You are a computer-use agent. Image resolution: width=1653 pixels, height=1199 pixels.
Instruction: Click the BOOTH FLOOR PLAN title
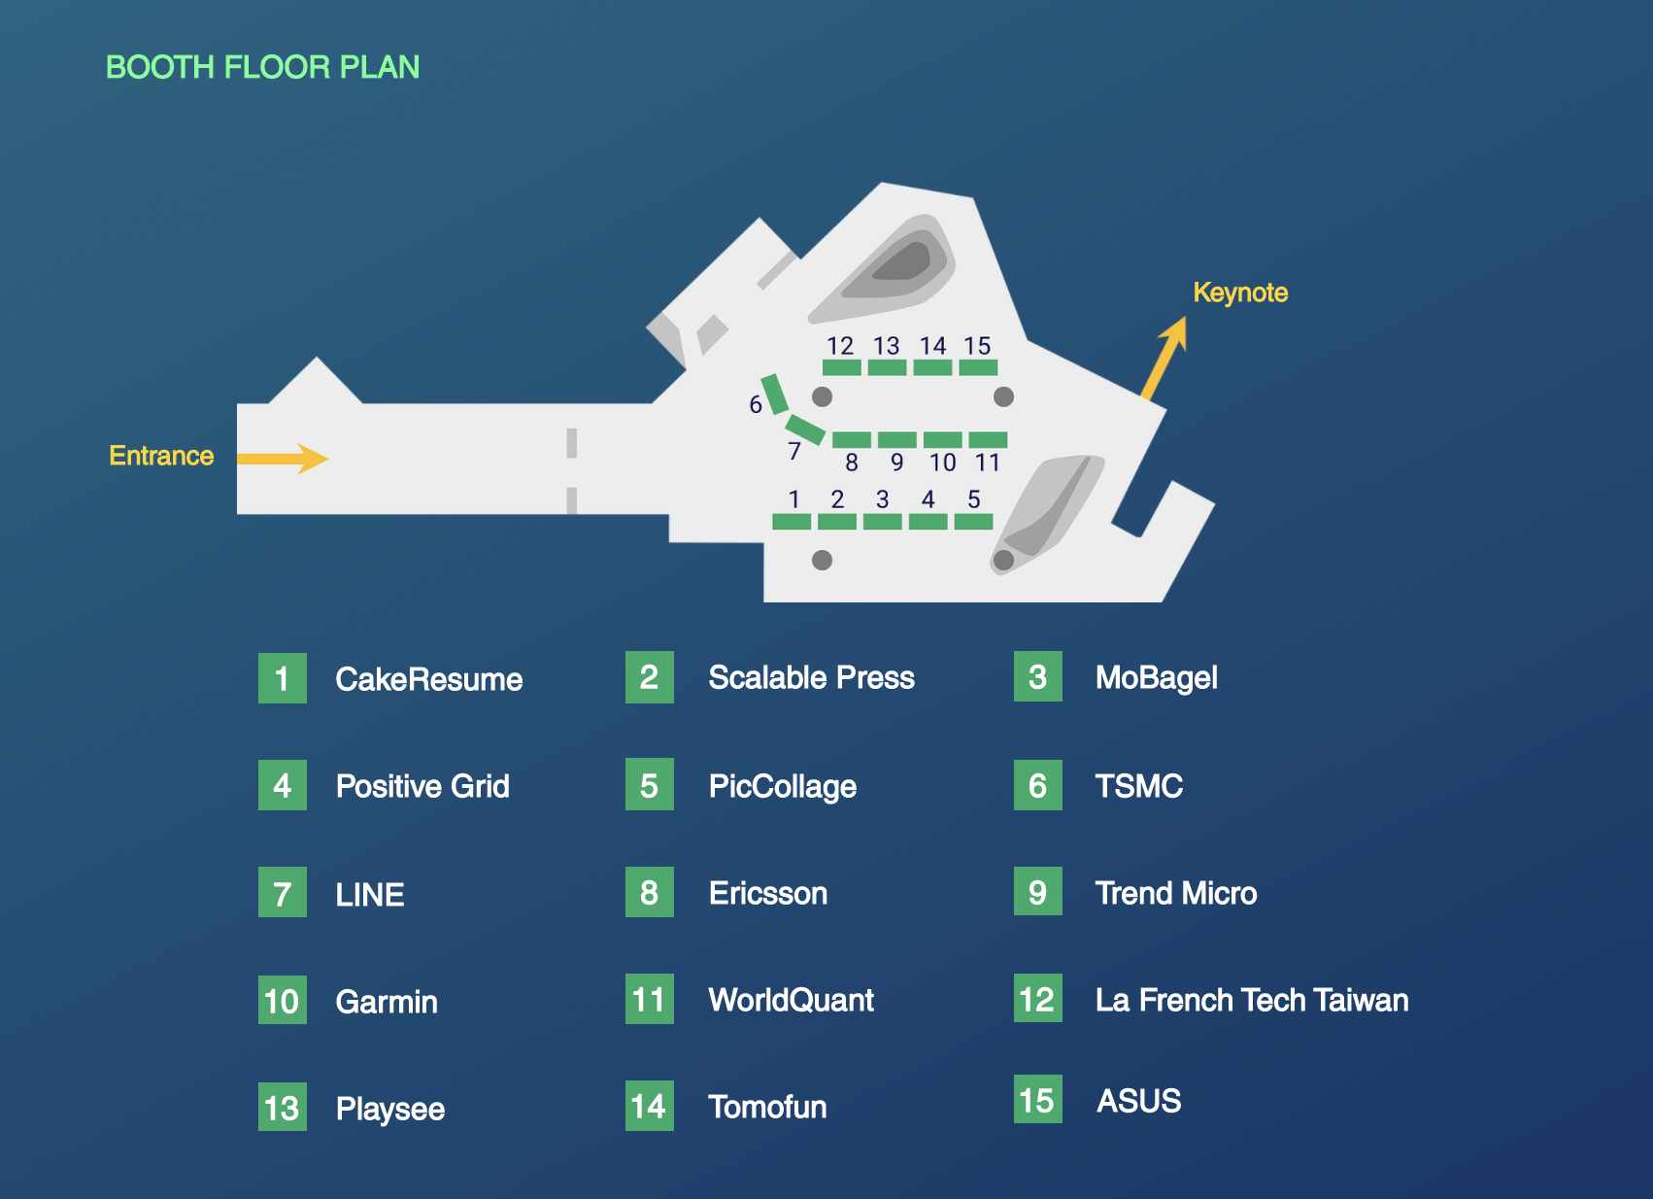(x=262, y=67)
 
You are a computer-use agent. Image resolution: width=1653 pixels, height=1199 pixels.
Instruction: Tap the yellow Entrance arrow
(x=283, y=458)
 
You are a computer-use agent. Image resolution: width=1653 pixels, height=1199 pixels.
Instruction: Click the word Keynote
(x=1240, y=292)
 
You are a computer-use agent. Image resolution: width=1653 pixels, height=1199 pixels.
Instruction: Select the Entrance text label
(x=161, y=456)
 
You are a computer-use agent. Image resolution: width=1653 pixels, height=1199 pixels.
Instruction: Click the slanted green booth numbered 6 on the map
(x=774, y=394)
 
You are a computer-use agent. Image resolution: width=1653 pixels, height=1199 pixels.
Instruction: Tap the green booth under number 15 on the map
(x=978, y=367)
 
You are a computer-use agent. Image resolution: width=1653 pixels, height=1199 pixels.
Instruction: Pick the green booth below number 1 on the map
(x=792, y=522)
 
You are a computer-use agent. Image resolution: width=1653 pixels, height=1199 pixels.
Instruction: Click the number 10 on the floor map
(x=942, y=462)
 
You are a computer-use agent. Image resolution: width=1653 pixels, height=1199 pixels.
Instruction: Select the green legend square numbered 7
(x=283, y=893)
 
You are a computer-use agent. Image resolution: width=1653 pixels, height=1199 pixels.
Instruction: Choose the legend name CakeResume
(x=428, y=679)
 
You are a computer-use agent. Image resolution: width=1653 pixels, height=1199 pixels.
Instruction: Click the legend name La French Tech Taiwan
(x=1251, y=1000)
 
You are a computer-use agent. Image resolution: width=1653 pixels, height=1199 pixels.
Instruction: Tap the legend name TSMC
(x=1138, y=786)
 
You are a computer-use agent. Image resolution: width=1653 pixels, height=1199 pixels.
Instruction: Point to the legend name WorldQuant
(x=791, y=1000)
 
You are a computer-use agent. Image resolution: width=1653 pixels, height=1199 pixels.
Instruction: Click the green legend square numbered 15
(x=1037, y=1100)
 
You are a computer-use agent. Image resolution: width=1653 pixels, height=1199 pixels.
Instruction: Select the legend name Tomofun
(x=767, y=1107)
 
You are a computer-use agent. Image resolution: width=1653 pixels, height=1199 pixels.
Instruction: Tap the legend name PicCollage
(x=782, y=786)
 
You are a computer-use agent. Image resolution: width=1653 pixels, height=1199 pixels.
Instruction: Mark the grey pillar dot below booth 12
(x=822, y=396)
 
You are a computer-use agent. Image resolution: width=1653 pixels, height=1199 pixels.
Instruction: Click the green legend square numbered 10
(x=283, y=1001)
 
